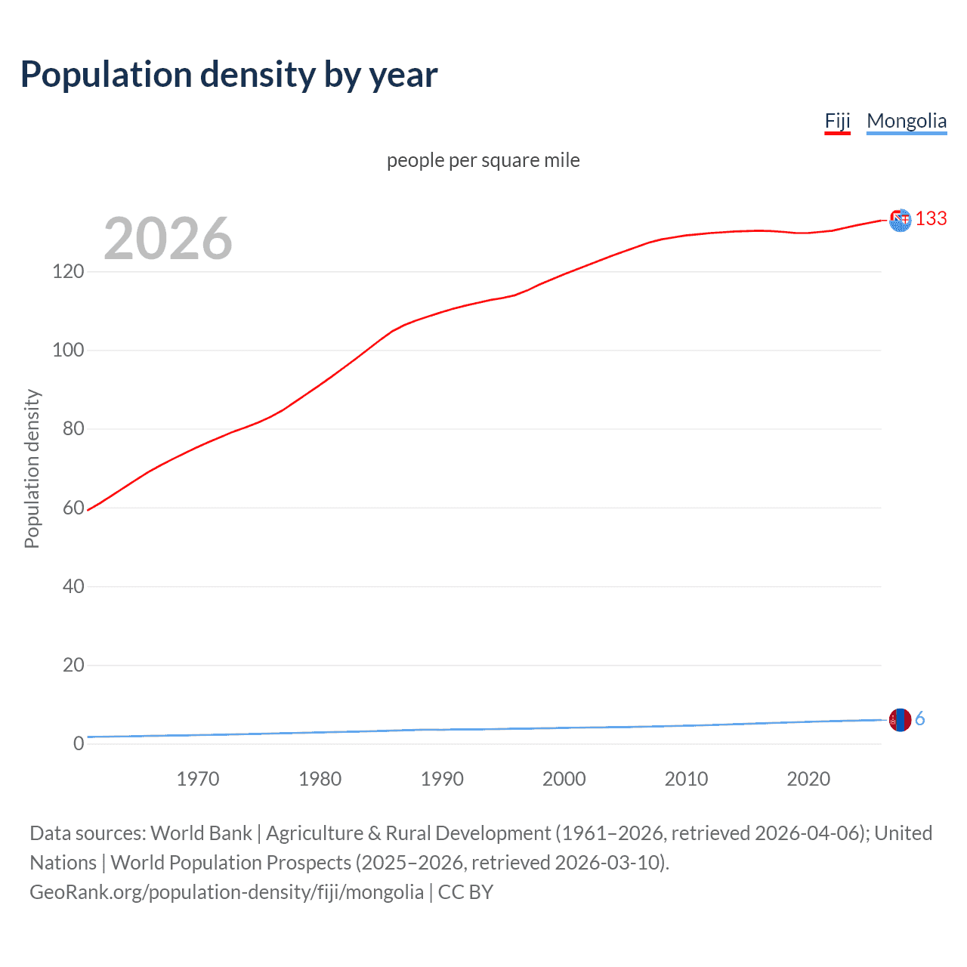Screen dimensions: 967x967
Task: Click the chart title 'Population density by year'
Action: coord(229,75)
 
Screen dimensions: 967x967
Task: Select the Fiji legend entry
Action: coord(837,121)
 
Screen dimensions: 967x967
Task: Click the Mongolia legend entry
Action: coord(906,121)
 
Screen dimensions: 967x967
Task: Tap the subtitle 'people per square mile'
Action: coord(483,160)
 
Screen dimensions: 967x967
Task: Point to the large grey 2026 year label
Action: coord(168,239)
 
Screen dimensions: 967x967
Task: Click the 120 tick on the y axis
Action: coord(68,271)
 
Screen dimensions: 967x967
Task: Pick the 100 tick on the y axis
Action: coord(68,351)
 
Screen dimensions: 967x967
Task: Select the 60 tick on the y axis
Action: coord(73,508)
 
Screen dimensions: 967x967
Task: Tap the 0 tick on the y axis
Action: coord(79,743)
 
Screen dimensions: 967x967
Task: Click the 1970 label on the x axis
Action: coord(198,779)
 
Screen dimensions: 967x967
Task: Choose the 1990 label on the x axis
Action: coord(442,779)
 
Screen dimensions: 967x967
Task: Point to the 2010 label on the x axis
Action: coord(686,779)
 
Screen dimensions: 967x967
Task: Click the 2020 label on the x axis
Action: coord(808,779)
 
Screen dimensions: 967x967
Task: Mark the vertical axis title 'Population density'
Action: coord(32,468)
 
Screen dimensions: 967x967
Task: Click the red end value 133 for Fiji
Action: coord(931,218)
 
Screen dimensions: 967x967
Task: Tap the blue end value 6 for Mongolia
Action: coord(919,718)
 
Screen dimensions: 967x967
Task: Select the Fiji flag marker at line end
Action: coord(900,220)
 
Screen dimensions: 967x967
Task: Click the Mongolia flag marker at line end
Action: coord(900,720)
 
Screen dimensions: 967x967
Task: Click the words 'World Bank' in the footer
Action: coord(201,833)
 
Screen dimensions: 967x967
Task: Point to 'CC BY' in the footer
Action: coord(465,892)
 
